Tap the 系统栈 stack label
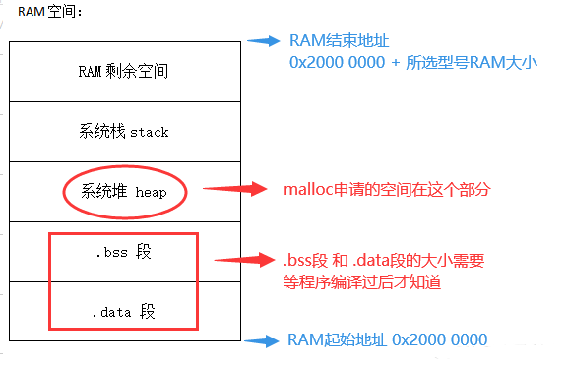tap(124, 131)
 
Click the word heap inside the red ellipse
tap(151, 192)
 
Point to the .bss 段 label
tap(124, 253)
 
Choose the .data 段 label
tap(124, 313)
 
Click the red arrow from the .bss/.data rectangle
tap(241, 261)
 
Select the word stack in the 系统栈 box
tap(149, 131)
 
